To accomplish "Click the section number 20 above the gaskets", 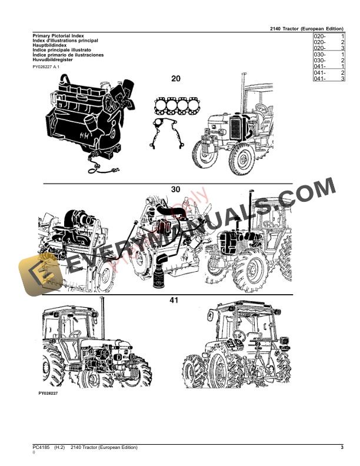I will (176, 79).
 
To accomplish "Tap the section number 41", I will (174, 300).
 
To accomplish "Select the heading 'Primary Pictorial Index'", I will (58, 36).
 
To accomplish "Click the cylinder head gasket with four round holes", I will (177, 107).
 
